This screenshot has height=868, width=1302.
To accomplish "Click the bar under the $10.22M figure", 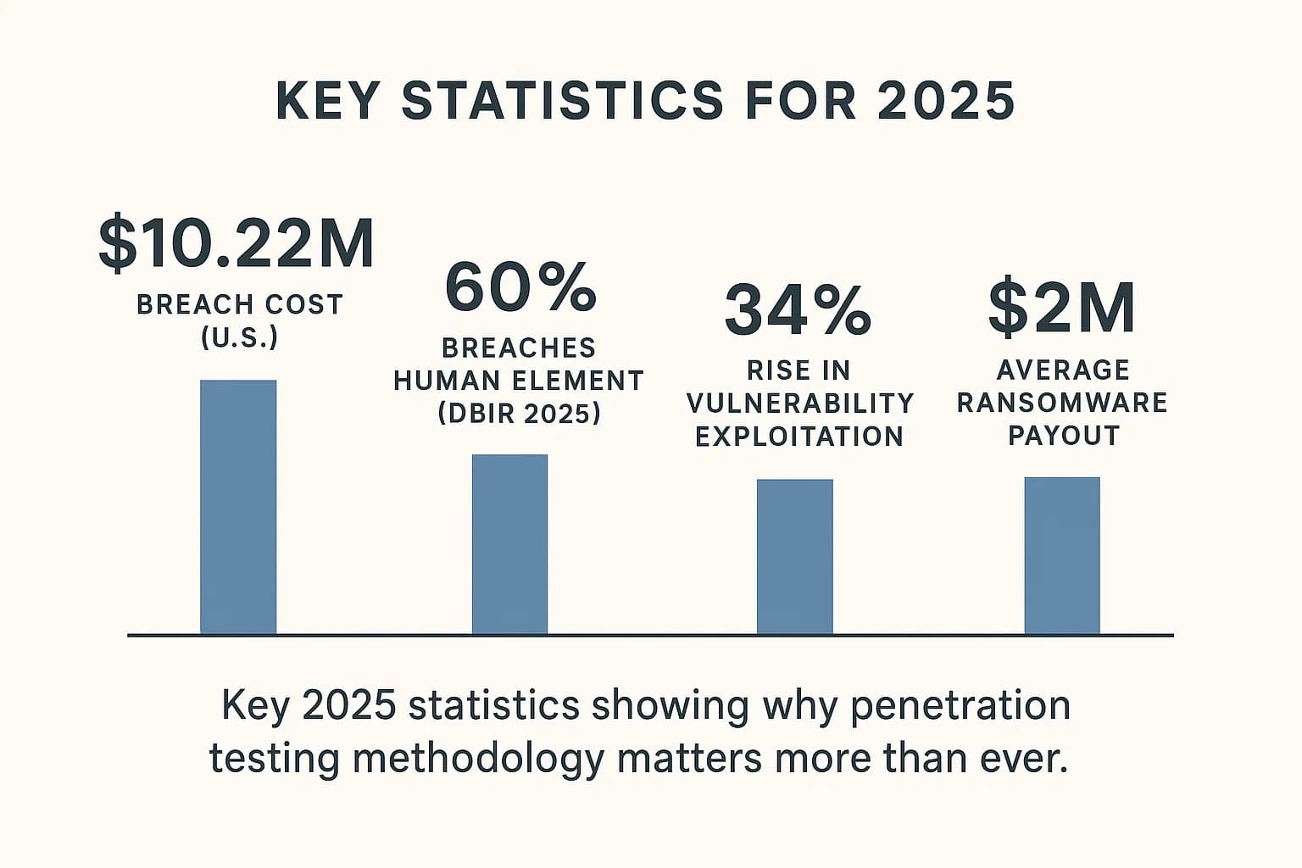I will click(x=238, y=507).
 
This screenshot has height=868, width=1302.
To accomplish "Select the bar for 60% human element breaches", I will click(x=509, y=544).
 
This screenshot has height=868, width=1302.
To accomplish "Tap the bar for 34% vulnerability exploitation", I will click(x=794, y=556).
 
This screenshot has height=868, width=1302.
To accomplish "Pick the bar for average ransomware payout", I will click(x=1062, y=555).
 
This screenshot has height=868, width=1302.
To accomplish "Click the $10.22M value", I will click(x=236, y=244).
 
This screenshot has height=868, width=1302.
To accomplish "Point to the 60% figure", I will click(x=520, y=288).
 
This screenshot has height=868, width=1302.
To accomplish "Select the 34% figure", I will click(x=798, y=310).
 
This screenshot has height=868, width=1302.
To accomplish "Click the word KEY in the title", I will click(x=327, y=101).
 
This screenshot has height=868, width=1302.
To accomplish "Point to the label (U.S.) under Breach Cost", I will click(x=240, y=337).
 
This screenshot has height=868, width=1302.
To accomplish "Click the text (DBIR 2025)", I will click(x=520, y=414).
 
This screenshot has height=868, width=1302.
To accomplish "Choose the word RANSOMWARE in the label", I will click(x=1062, y=403).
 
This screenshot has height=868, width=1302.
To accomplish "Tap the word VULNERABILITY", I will click(x=800, y=403).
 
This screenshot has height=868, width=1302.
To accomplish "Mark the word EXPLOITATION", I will click(x=799, y=437).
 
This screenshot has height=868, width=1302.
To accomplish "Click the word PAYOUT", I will click(x=1064, y=436).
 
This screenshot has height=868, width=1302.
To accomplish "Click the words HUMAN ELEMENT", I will click(x=519, y=381).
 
